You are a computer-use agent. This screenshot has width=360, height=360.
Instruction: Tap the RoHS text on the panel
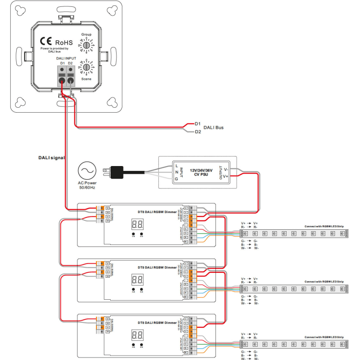coord(64,42)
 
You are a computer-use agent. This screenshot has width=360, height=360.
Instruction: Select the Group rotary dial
coord(87,45)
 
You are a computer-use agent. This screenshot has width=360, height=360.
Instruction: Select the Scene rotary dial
coord(87,67)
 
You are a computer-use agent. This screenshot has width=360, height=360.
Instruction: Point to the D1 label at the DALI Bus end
coord(198,123)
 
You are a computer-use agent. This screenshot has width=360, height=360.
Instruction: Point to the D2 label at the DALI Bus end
coord(198,131)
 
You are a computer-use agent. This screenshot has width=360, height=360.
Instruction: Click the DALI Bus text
coord(214,127)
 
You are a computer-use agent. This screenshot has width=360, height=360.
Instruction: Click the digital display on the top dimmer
coord(138,224)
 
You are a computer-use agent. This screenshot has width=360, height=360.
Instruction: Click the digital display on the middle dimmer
coord(138,280)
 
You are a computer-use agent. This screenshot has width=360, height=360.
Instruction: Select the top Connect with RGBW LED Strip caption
coord(324,226)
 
